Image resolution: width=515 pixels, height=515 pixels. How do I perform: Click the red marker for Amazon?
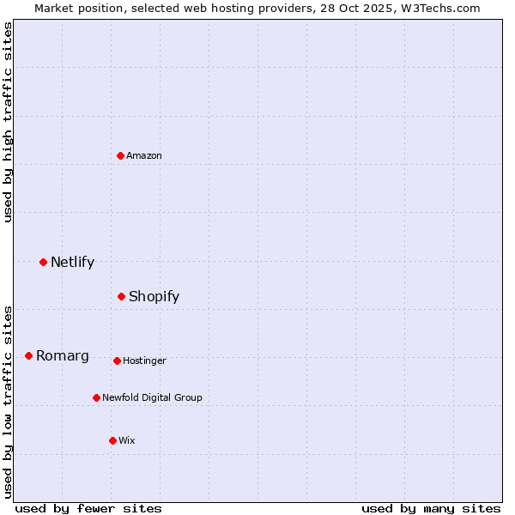coord(121,155)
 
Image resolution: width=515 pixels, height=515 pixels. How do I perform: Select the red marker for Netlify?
coord(43,262)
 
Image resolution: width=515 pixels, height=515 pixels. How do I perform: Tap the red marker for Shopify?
coord(121,296)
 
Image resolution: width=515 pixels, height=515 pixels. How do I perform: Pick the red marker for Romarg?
coord(28,355)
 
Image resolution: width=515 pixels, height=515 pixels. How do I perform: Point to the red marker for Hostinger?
coord(117,360)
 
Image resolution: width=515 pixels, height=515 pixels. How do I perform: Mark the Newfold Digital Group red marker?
coord(96,397)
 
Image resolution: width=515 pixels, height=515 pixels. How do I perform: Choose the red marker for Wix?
coord(112,440)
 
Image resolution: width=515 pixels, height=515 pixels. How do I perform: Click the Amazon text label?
coord(144,155)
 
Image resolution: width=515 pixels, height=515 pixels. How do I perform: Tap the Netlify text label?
coord(72,262)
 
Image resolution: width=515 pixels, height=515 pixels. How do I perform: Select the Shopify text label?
coord(154,296)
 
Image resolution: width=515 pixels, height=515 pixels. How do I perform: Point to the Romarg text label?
coord(62,355)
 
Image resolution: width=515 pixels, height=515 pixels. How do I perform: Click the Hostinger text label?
coord(144,360)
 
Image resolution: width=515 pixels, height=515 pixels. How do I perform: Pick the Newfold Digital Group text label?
coord(152,397)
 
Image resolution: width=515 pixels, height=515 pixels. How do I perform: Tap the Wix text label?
coord(127,440)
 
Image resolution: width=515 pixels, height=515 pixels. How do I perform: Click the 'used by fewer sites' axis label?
coord(88,508)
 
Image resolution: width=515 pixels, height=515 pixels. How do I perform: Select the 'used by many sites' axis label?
coord(431,508)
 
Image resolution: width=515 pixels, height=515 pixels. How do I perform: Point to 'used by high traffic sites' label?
coord(8,122)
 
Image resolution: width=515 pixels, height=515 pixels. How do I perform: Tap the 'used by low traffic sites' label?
coord(8,402)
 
